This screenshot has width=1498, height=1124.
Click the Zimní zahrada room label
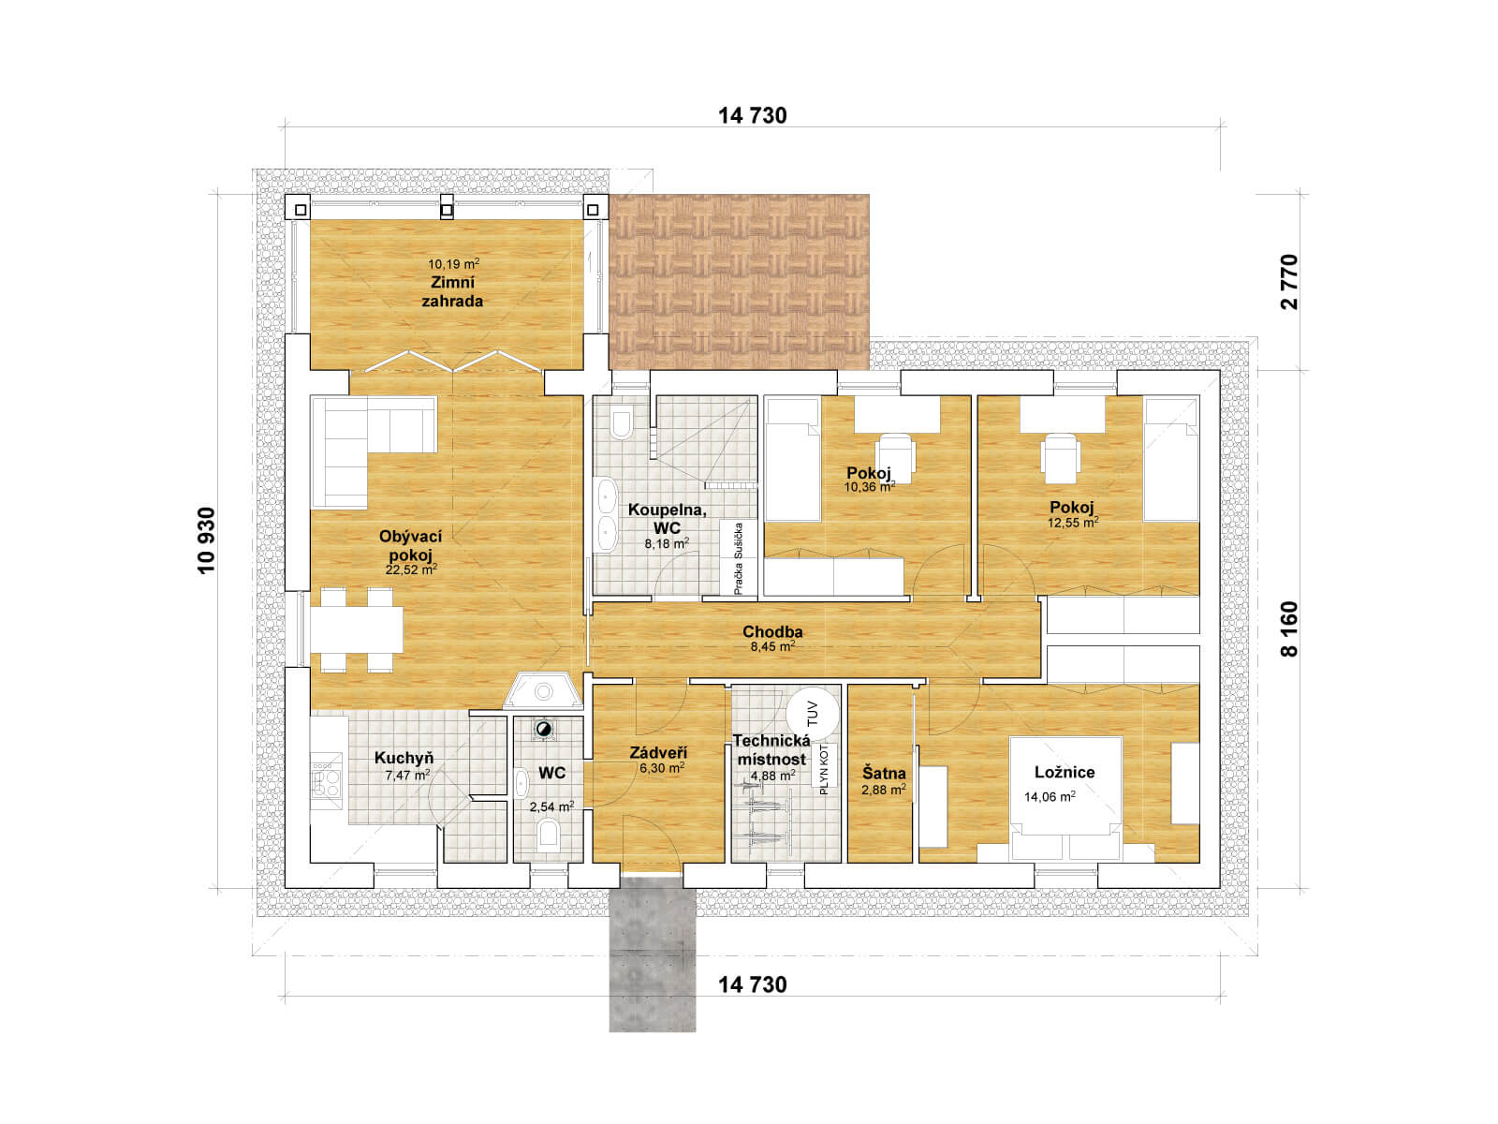452,291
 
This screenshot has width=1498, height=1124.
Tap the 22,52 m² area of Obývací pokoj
411,569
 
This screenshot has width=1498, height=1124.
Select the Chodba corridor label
772,631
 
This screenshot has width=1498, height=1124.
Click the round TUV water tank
812,713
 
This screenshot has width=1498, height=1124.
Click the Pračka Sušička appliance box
739,557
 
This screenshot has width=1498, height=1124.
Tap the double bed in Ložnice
1065,798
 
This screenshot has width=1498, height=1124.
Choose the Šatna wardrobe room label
884,774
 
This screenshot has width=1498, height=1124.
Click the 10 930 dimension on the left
206,540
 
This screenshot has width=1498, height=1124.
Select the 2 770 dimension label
1289,282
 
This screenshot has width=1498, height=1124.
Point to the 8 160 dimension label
1289,629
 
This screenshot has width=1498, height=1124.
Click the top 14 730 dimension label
752,116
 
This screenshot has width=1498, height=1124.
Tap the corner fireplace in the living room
543,690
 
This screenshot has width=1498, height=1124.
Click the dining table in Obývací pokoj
357,629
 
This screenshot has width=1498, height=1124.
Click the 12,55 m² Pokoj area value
1073,523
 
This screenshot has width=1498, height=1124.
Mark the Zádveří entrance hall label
658,753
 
